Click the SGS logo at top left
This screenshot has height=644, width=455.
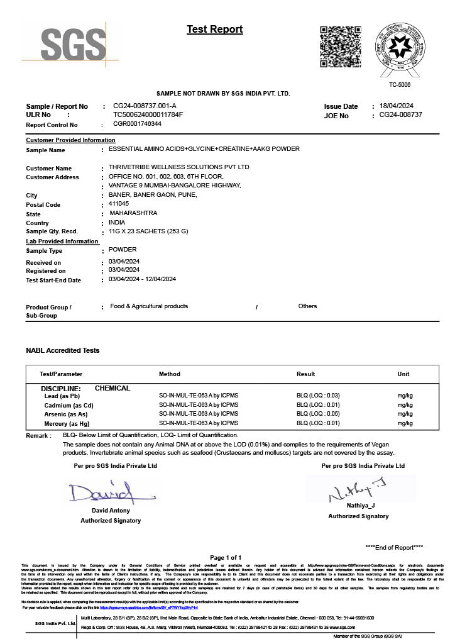click(x=73, y=44)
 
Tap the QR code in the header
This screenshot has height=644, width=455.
click(x=341, y=47)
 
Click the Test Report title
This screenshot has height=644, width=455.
click(x=214, y=30)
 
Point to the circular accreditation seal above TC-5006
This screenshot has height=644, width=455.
click(x=399, y=48)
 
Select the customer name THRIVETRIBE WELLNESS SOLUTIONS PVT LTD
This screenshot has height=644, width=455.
click(x=178, y=167)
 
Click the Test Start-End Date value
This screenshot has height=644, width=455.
click(x=142, y=279)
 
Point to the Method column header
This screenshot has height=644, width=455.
click(x=170, y=374)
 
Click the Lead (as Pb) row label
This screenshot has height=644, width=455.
click(x=62, y=397)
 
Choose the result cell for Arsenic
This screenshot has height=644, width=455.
click(x=318, y=414)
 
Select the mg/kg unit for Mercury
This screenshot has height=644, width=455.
click(x=405, y=423)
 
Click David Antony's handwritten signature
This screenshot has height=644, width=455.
click(x=101, y=491)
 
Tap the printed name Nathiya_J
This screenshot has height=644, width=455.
click(x=360, y=506)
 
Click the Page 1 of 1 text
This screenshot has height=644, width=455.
click(x=226, y=558)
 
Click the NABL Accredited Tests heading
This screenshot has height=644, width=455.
click(x=62, y=350)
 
